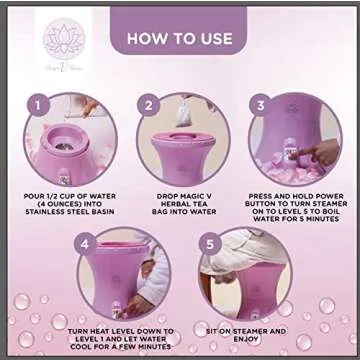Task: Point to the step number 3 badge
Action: (x=257, y=103)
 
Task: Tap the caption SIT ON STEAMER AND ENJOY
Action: (x=239, y=333)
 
